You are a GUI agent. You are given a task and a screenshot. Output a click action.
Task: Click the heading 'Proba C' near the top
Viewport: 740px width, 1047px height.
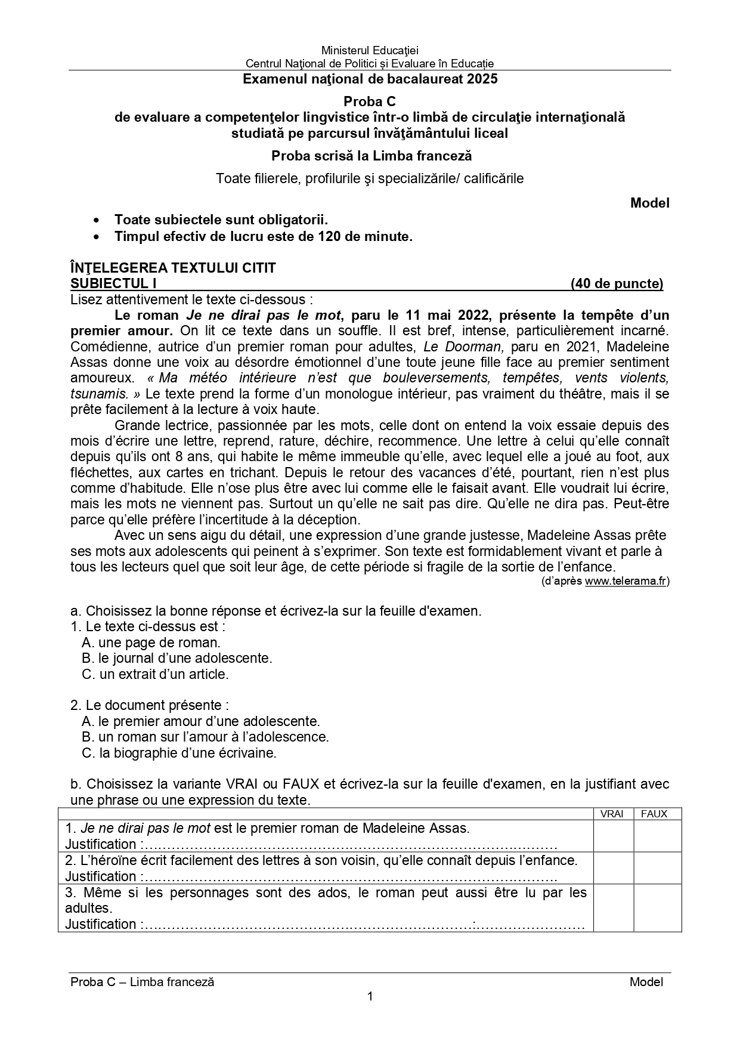pyautogui.click(x=370, y=101)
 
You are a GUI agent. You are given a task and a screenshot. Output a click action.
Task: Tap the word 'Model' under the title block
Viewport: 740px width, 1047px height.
pyautogui.click(x=649, y=203)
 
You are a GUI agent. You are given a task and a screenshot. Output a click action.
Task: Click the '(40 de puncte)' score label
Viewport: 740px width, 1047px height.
pyautogui.click(x=617, y=283)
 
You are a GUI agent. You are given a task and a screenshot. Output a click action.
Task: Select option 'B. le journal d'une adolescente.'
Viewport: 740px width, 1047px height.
pyautogui.click(x=177, y=658)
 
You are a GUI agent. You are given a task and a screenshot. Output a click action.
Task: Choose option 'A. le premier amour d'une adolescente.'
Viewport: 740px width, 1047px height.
pyautogui.click(x=201, y=721)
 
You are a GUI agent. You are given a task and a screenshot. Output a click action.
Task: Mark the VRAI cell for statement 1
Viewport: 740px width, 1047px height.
pyautogui.click(x=613, y=836)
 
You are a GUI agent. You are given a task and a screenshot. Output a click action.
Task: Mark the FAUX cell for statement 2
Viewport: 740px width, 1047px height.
pyautogui.click(x=657, y=868)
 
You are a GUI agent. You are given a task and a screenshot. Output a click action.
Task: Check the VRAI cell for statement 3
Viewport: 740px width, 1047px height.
pyautogui.click(x=613, y=907)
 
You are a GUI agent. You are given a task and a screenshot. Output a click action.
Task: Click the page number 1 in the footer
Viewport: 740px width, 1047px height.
pyautogui.click(x=370, y=996)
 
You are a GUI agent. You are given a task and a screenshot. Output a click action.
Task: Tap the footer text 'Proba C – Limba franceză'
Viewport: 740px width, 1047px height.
pyautogui.click(x=142, y=982)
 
